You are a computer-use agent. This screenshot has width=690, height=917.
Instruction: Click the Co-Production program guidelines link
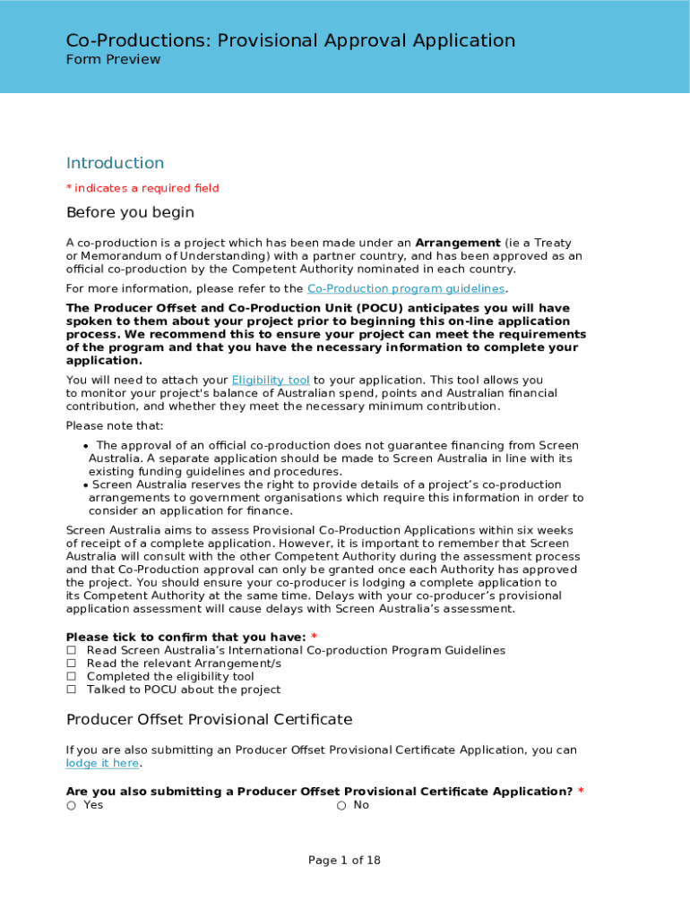[x=406, y=288]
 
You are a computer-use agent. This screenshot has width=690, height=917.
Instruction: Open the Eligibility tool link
[x=271, y=380]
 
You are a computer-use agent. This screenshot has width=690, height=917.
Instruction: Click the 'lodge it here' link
[x=102, y=763]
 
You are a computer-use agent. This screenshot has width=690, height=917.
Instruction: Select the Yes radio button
[x=71, y=805]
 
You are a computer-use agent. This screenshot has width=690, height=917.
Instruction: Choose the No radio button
[x=341, y=805]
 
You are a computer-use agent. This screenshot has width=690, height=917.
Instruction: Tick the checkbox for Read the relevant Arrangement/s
[x=71, y=664]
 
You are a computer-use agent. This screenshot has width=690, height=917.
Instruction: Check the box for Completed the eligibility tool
[x=71, y=677]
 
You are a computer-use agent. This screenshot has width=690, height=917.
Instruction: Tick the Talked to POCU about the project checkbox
[x=71, y=690]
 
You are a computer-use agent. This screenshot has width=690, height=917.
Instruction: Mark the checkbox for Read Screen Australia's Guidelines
[x=71, y=650]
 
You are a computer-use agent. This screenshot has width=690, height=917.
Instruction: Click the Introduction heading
[x=115, y=163]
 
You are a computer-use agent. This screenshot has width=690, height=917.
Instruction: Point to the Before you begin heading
[x=130, y=213]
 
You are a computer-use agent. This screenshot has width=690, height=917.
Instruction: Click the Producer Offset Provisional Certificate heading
[x=209, y=720]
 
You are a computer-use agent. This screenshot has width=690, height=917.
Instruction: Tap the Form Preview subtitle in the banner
[x=113, y=59]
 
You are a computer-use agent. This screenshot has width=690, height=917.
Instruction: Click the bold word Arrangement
[x=458, y=243]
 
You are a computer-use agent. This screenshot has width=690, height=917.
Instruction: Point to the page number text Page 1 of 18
[x=344, y=861]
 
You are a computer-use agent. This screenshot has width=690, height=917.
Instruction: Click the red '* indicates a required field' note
[x=142, y=188]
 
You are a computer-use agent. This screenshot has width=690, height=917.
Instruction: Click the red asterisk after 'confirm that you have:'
[x=314, y=637]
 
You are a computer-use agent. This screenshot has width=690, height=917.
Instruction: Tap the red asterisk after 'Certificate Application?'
[x=581, y=792]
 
